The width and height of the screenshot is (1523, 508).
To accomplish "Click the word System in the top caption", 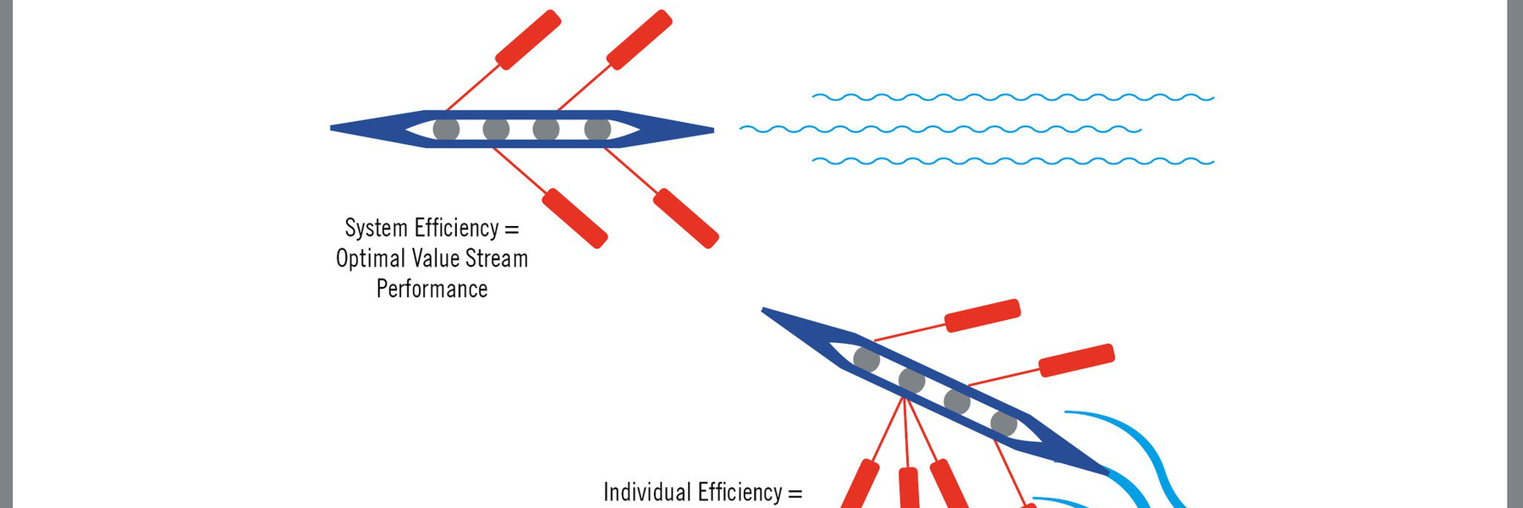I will [x=376, y=229].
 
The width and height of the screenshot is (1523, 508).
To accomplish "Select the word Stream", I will [x=497, y=259].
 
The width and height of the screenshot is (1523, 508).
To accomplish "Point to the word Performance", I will [x=432, y=290].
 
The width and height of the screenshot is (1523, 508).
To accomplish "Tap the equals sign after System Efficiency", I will [x=511, y=229].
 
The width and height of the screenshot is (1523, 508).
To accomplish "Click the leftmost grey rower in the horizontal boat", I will [x=446, y=130].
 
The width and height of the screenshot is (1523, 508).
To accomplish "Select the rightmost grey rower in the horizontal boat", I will [x=597, y=130].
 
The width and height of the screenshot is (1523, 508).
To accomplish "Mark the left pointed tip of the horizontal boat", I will [x=333, y=129].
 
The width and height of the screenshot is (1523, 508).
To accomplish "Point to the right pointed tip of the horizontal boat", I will [x=711, y=130].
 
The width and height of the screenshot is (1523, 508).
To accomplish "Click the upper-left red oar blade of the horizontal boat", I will [x=528, y=40].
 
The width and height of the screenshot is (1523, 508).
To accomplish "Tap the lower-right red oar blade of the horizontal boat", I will [x=686, y=218].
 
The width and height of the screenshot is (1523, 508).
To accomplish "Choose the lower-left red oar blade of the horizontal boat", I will [x=575, y=218].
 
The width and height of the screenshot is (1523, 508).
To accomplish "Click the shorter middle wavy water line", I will [x=940, y=130].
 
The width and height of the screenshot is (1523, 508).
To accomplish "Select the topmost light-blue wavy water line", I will [x=1013, y=97].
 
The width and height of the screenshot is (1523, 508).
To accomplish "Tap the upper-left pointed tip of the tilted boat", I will [x=766, y=312].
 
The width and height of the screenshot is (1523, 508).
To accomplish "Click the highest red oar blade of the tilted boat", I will [x=982, y=315].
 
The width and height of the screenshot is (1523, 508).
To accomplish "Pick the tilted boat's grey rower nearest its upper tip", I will [x=866, y=359].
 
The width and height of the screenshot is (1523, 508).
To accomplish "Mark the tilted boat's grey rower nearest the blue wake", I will [x=1003, y=423].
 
